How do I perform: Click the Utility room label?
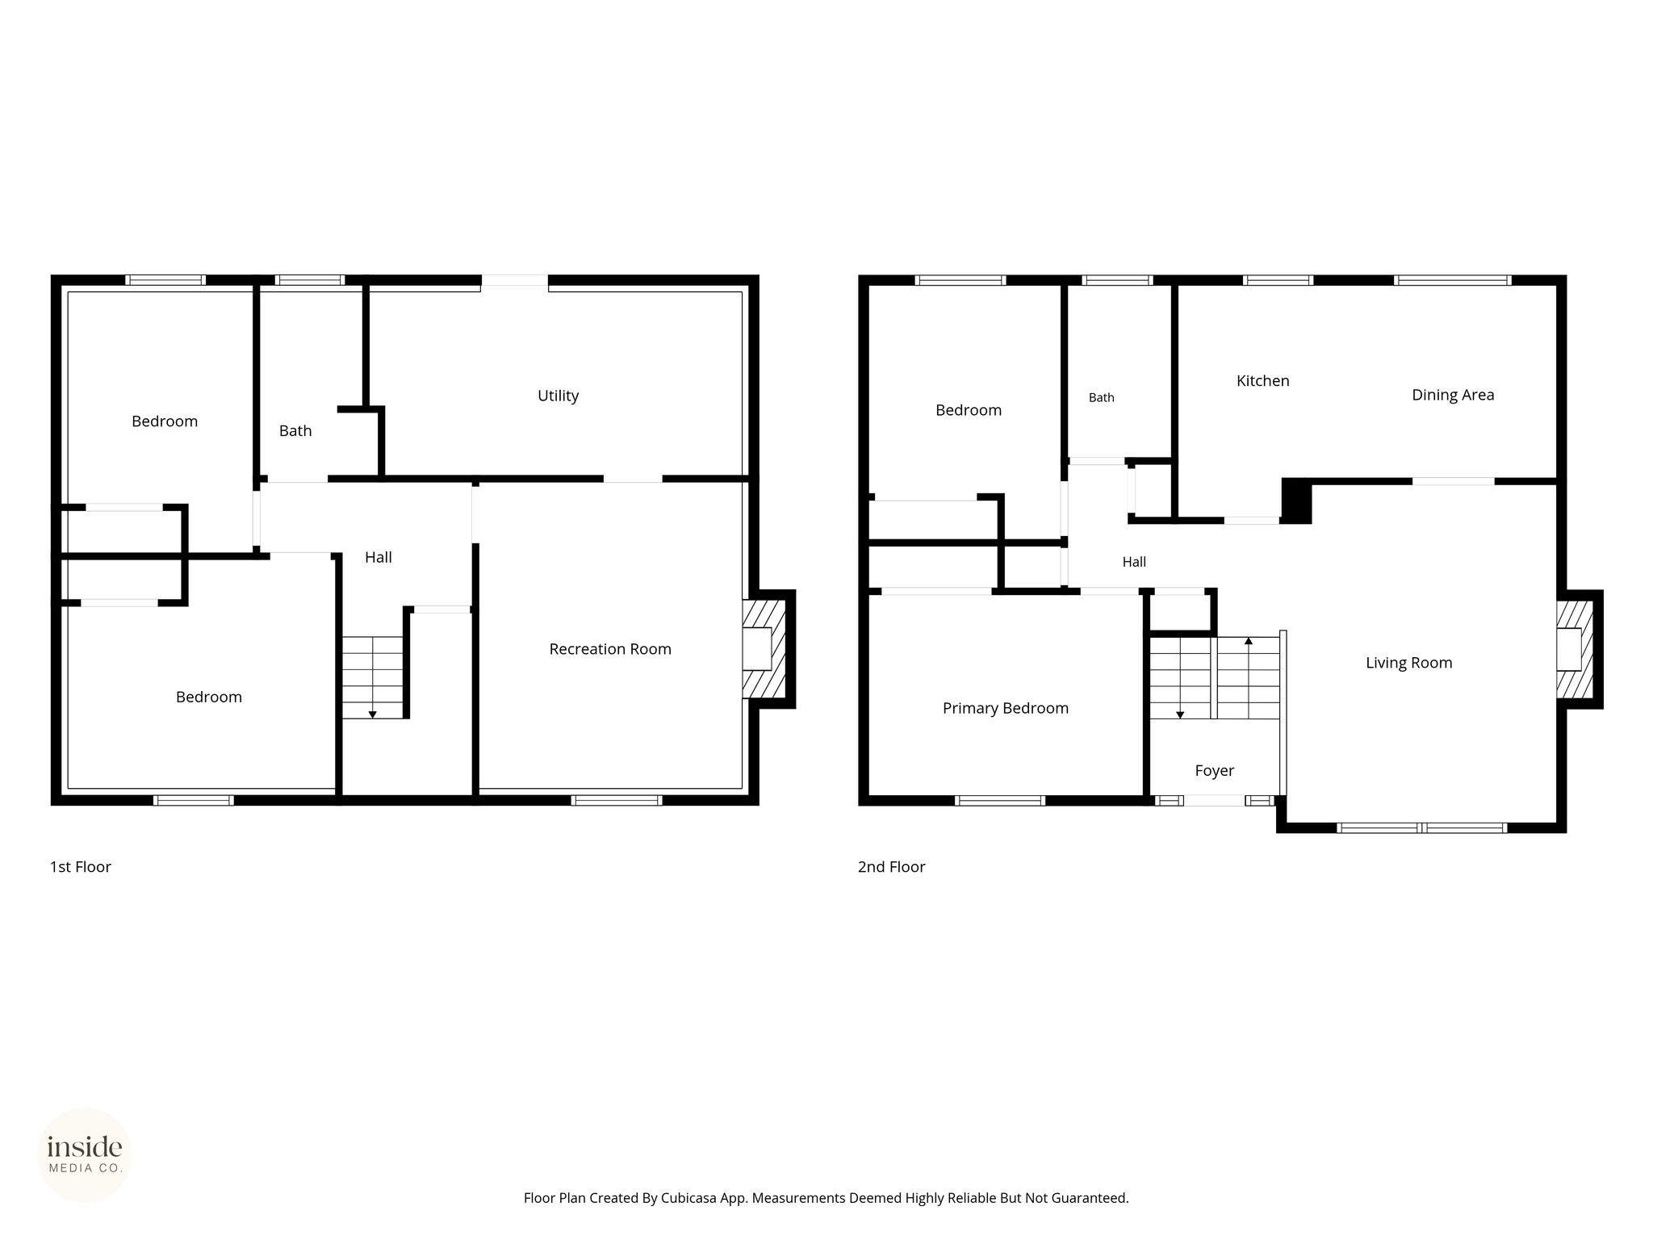[x=558, y=396]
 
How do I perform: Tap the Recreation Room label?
[x=610, y=649]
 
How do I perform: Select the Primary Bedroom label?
[x=1006, y=709]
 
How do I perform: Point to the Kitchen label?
[x=1263, y=381]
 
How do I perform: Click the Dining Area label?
[x=1453, y=396]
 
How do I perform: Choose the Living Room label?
[x=1409, y=663]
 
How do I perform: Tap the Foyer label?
[x=1215, y=771]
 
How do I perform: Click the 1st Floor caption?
[x=81, y=867]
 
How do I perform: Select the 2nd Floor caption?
[x=892, y=867]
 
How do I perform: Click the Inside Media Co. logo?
[x=85, y=1155]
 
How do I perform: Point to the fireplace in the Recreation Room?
[x=764, y=649]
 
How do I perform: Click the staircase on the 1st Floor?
[x=373, y=677]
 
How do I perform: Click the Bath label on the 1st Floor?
[x=295, y=431]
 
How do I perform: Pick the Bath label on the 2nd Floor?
[x=1102, y=398]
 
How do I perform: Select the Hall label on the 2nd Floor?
[x=1134, y=562]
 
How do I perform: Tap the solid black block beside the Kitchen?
[x=1296, y=501]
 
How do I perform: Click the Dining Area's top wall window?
[x=1453, y=280]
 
